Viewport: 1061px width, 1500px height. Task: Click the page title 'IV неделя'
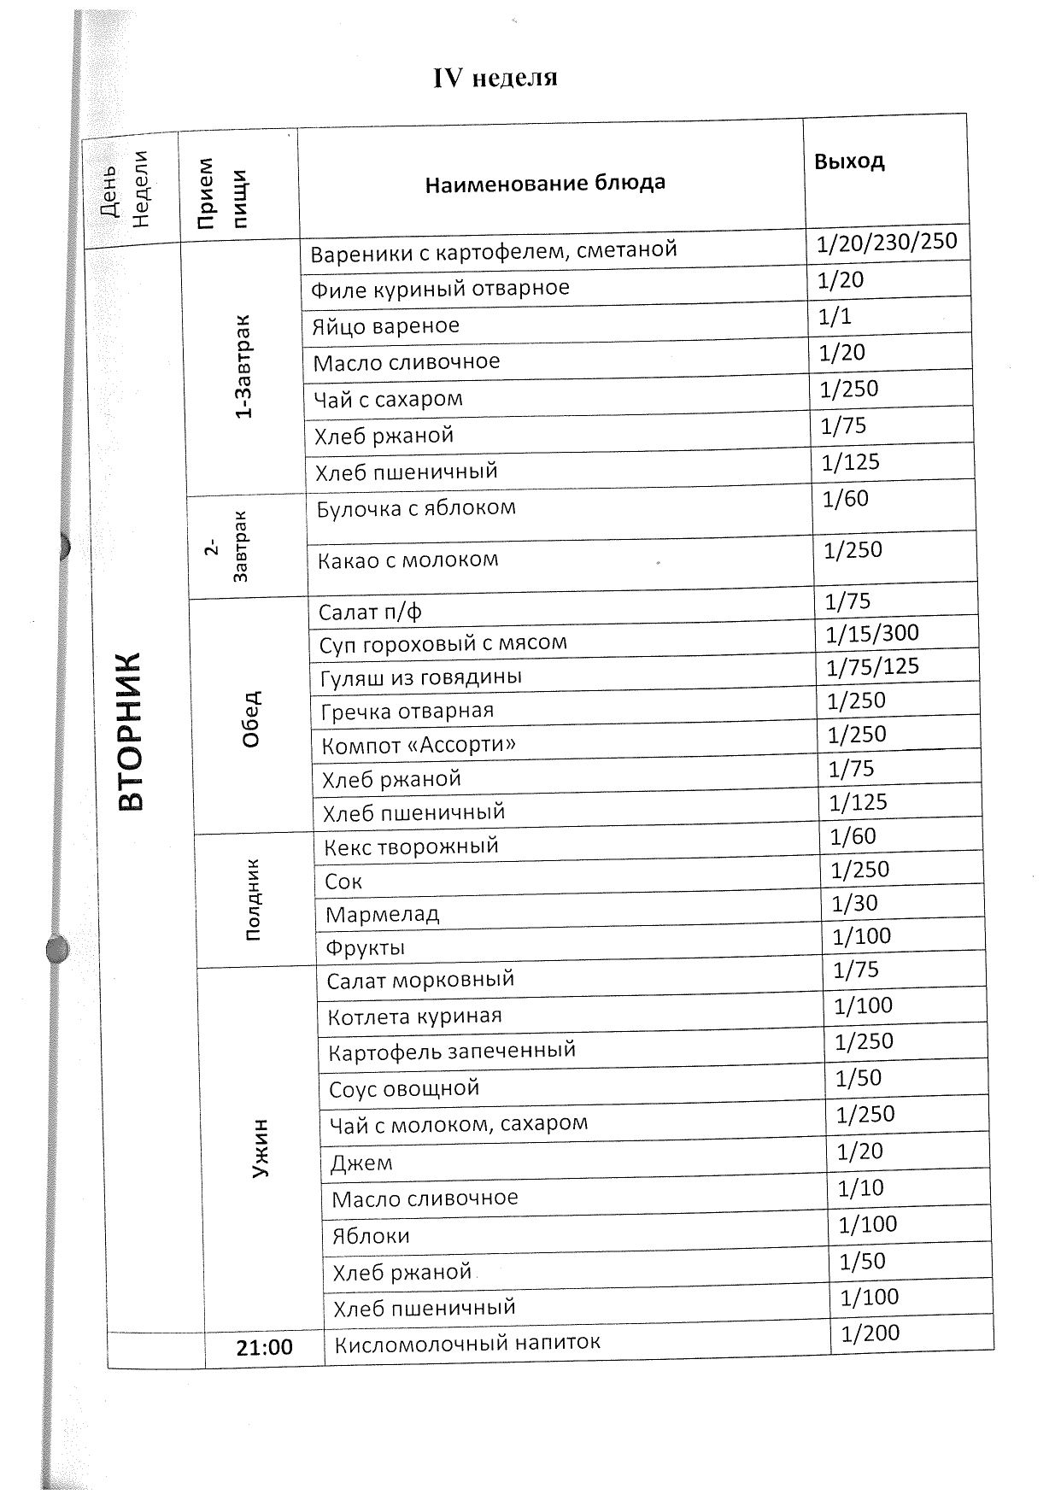[x=495, y=79]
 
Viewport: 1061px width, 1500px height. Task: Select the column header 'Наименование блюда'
[x=545, y=183]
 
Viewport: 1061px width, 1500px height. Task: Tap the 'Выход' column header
[x=849, y=161]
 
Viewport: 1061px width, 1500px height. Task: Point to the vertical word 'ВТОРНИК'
[x=131, y=731]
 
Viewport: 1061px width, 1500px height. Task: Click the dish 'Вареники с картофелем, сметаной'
[x=493, y=251]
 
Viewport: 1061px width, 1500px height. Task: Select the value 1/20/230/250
[x=886, y=243]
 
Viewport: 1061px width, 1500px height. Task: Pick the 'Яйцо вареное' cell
[x=385, y=325]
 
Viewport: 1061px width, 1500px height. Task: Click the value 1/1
[x=835, y=317]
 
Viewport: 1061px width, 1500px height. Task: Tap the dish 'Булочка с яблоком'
[x=416, y=508]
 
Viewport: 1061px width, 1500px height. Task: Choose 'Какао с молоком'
[x=407, y=560]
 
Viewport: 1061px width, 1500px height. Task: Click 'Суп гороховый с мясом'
[x=443, y=643]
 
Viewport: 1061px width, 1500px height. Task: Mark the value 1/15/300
[x=872, y=634]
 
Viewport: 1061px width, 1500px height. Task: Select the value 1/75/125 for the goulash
[x=872, y=666]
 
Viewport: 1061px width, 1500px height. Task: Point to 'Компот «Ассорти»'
[x=419, y=745]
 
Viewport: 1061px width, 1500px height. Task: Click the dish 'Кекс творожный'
[x=411, y=847]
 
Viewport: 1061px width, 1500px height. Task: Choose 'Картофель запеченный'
[x=452, y=1051]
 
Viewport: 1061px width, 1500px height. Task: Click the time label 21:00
[x=265, y=1347]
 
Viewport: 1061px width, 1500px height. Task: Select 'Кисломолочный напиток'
[x=467, y=1343]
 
